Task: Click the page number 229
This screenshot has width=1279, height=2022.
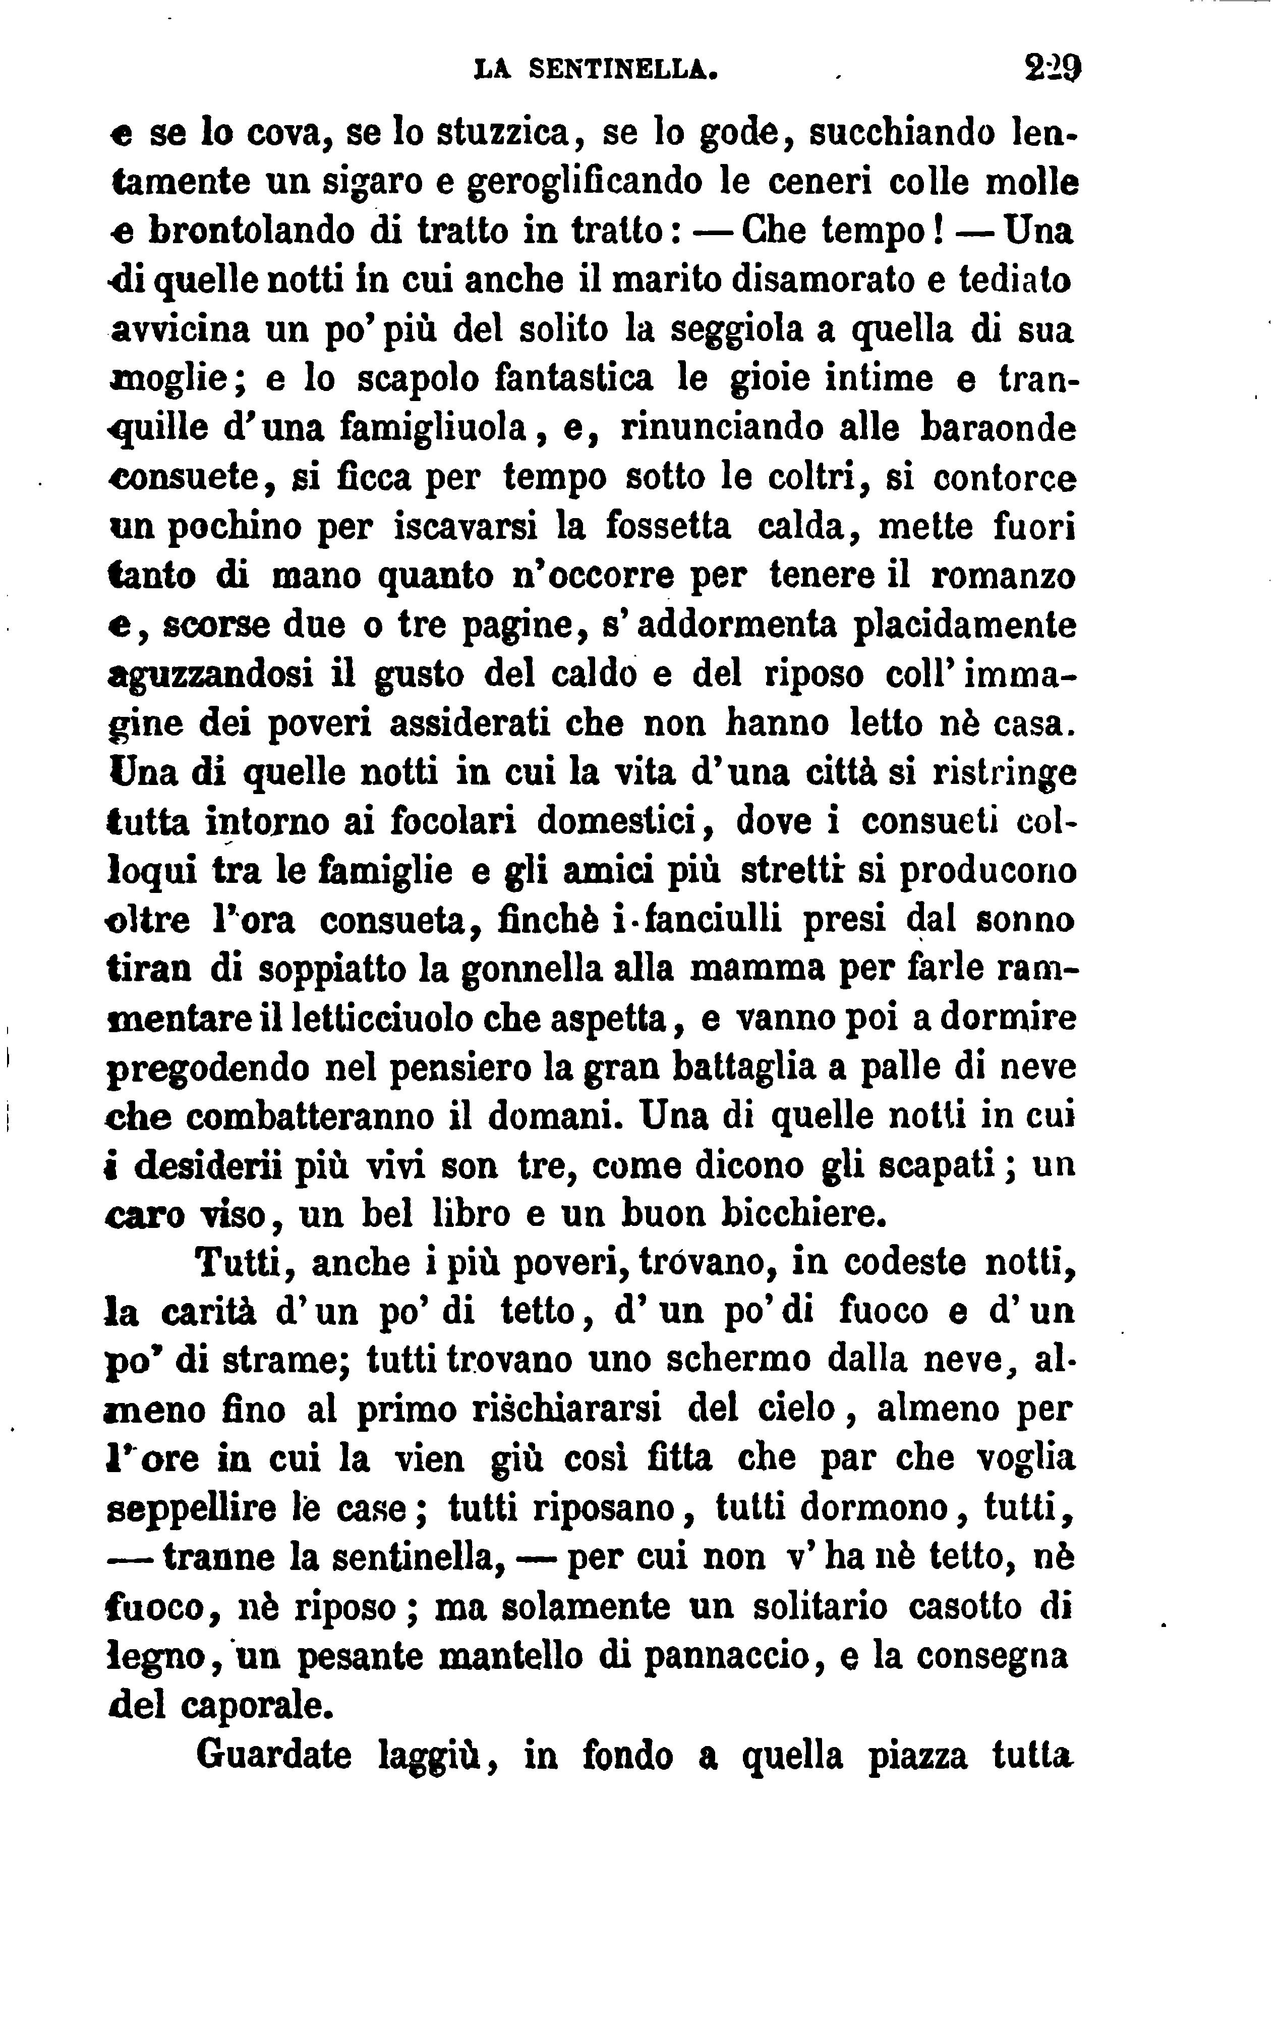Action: pos(1053,66)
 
